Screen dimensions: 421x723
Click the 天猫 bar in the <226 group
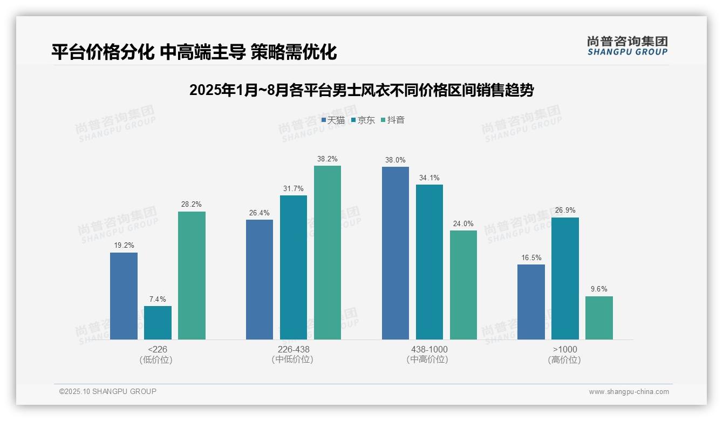(124, 296)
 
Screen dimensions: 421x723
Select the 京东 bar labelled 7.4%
(158, 323)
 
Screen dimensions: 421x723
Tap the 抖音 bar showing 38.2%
(328, 253)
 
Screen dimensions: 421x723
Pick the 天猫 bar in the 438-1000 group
(395, 253)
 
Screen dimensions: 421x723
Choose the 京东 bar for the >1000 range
(565, 279)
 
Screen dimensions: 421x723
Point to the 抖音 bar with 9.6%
(599, 318)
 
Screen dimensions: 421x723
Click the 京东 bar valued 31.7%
(294, 267)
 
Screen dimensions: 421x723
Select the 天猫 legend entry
(333, 120)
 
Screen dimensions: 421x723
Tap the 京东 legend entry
(363, 120)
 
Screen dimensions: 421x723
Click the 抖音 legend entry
(393, 120)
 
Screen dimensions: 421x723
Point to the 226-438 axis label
(294, 349)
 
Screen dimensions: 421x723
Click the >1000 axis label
(565, 349)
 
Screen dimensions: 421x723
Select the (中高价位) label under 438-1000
(427, 359)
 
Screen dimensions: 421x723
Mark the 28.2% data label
(192, 205)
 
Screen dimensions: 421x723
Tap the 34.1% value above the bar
(429, 178)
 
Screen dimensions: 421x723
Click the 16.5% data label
(531, 257)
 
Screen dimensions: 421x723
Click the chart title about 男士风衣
(361, 90)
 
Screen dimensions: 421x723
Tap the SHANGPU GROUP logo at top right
(627, 46)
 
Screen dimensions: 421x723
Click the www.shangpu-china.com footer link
(629, 392)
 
